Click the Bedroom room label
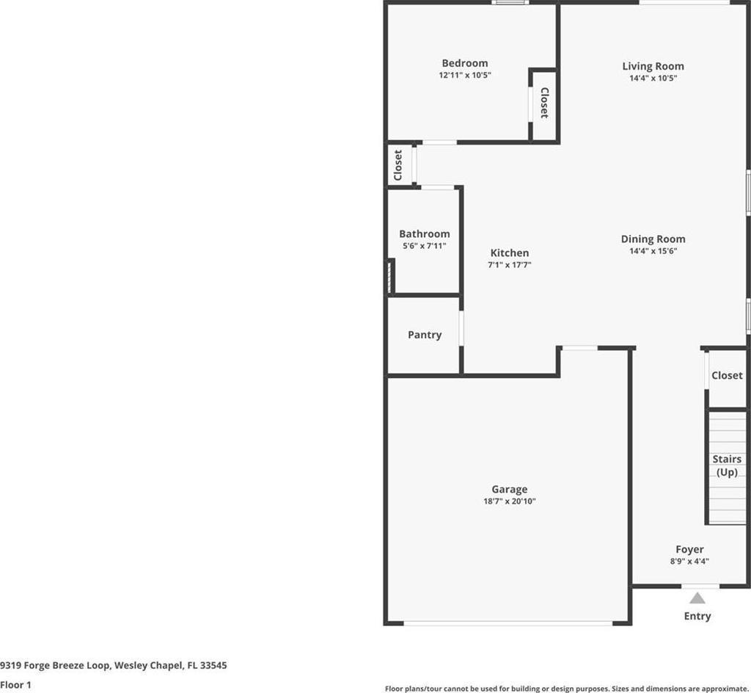click(x=464, y=63)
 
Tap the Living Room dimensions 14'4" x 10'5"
click(x=653, y=78)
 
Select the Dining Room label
click(x=653, y=239)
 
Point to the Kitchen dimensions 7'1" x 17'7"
click(x=509, y=264)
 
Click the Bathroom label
click(x=425, y=234)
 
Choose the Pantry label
click(x=425, y=335)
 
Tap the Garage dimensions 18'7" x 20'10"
click(x=509, y=501)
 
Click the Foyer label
click(x=689, y=550)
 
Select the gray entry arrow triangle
click(x=697, y=598)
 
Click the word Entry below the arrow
click(x=697, y=617)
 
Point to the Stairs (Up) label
click(x=727, y=465)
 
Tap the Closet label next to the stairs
click(x=727, y=376)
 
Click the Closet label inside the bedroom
click(x=544, y=103)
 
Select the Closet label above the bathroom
click(x=398, y=165)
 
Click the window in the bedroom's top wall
click(x=510, y=2)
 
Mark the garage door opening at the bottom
click(x=508, y=623)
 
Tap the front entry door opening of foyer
click(x=700, y=586)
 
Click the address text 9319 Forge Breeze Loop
click(x=55, y=666)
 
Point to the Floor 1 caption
click(x=15, y=685)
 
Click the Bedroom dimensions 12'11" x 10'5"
click(x=464, y=75)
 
